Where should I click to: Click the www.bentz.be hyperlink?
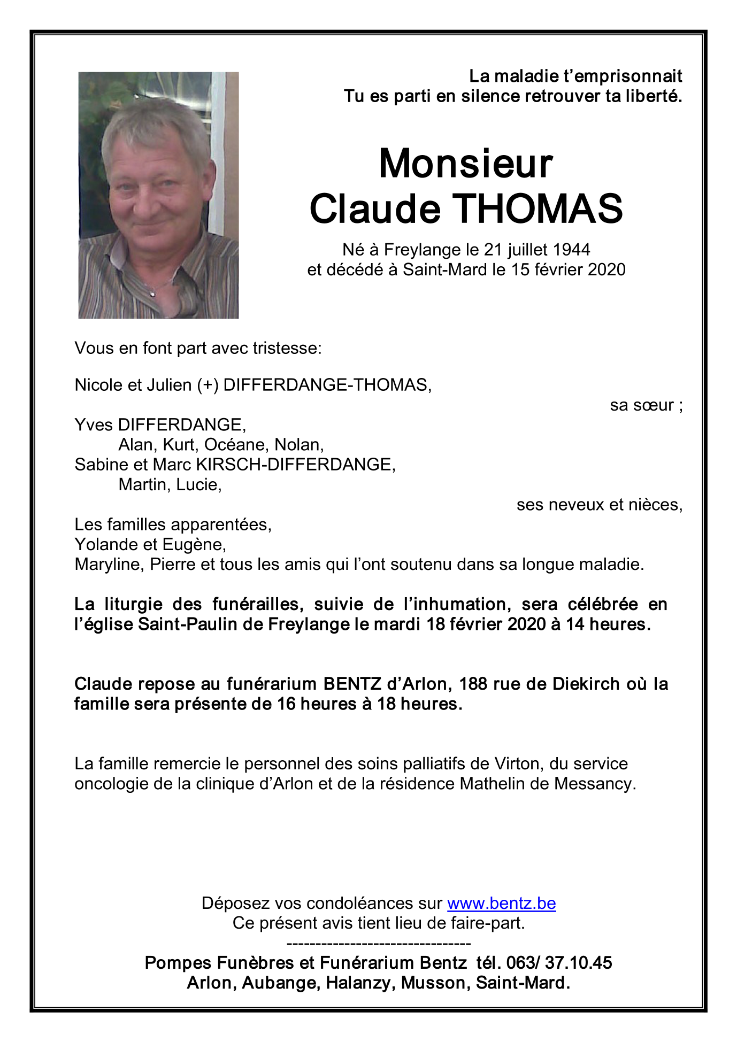[x=501, y=903]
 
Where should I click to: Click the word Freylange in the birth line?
[x=423, y=250]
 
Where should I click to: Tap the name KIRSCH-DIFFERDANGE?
[x=295, y=465]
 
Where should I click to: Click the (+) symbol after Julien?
[x=208, y=385]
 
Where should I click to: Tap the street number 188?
[x=472, y=684]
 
